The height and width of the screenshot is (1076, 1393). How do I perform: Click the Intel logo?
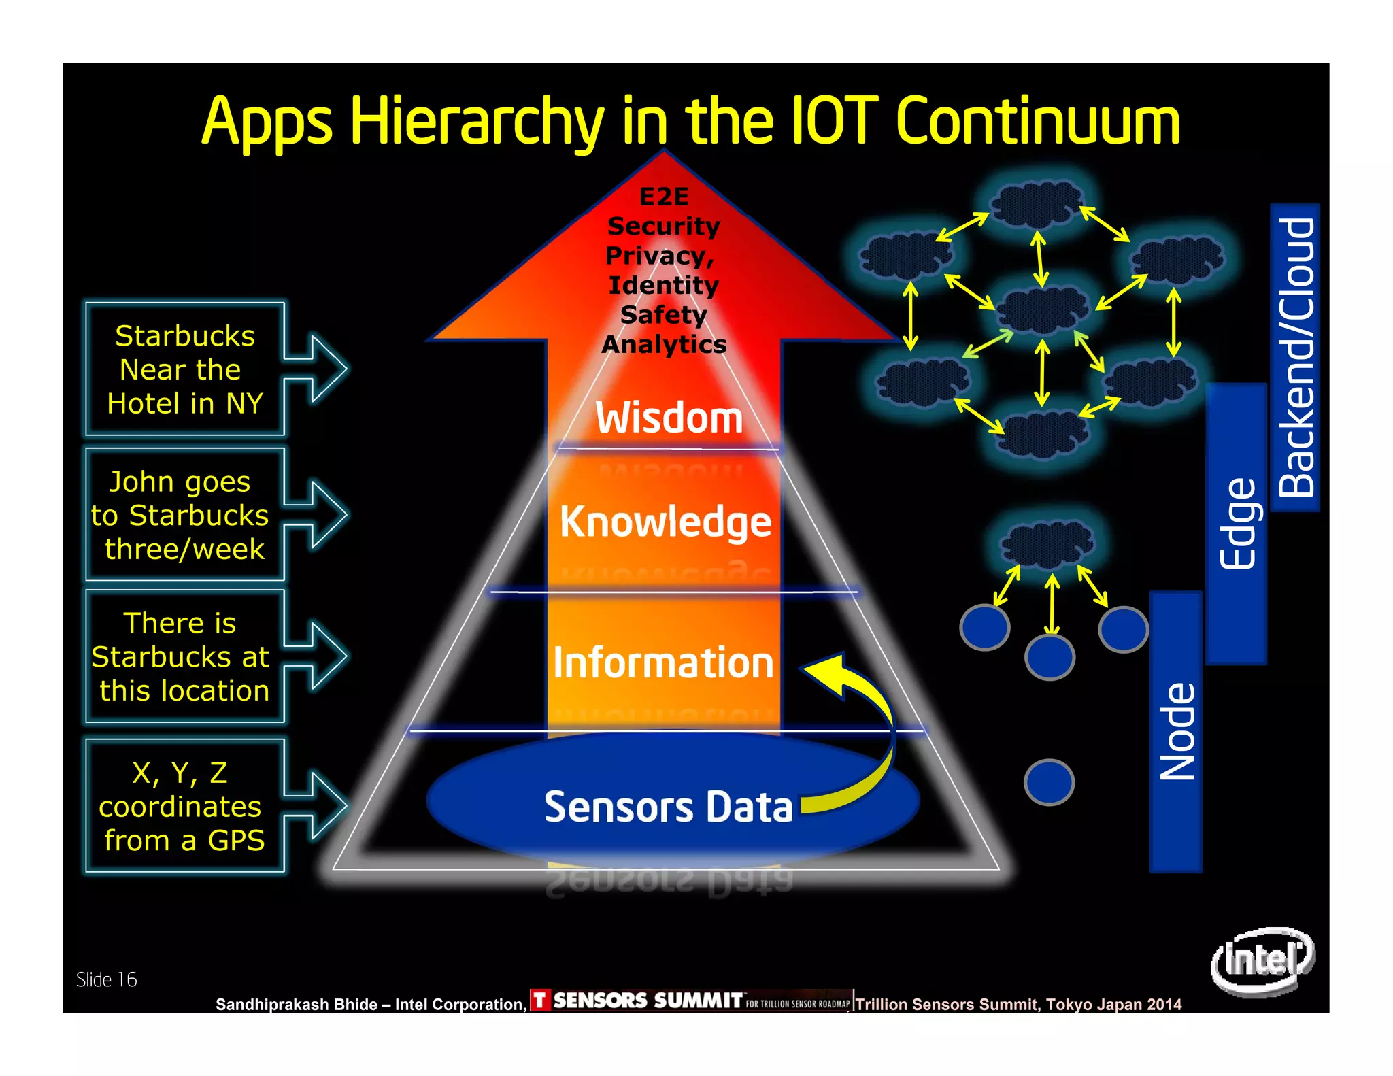pyautogui.click(x=1262, y=960)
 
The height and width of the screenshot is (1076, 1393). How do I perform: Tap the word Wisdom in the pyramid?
pyautogui.click(x=669, y=418)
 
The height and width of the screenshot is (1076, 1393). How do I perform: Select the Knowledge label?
pyautogui.click(x=665, y=522)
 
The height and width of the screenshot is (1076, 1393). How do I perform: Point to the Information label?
pyautogui.click(x=663, y=662)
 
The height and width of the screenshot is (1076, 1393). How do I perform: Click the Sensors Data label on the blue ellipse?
pyautogui.click(x=668, y=807)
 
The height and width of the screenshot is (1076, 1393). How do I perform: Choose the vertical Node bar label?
pyautogui.click(x=1176, y=731)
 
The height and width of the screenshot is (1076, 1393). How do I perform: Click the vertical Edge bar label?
pyautogui.click(x=1237, y=524)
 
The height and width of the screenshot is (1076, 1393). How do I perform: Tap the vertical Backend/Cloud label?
pyautogui.click(x=1295, y=357)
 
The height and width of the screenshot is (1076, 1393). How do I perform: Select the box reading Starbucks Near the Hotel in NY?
pyautogui.click(x=184, y=369)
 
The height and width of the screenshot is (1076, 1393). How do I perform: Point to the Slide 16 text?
pyautogui.click(x=107, y=979)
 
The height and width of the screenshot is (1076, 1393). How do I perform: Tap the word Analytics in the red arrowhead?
pyautogui.click(x=664, y=344)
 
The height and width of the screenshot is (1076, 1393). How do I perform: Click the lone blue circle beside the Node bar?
pyautogui.click(x=1049, y=782)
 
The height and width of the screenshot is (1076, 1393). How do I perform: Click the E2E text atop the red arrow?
pyautogui.click(x=665, y=197)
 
